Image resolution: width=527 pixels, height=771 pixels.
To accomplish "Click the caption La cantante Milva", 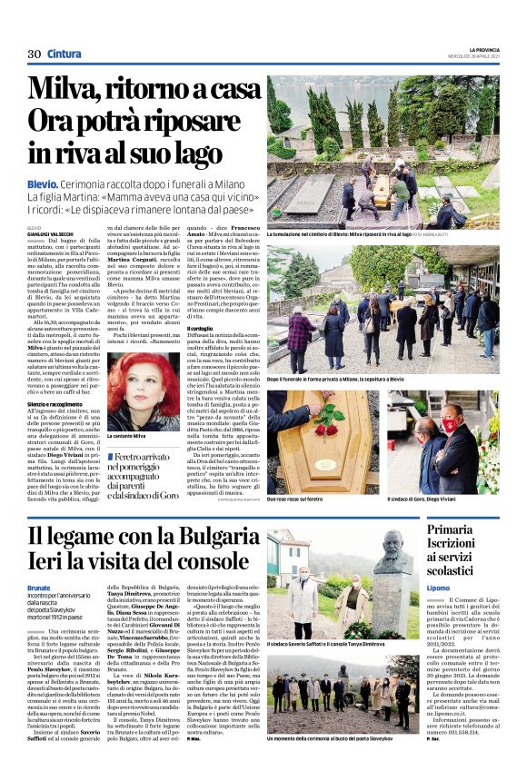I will tap(131, 438).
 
